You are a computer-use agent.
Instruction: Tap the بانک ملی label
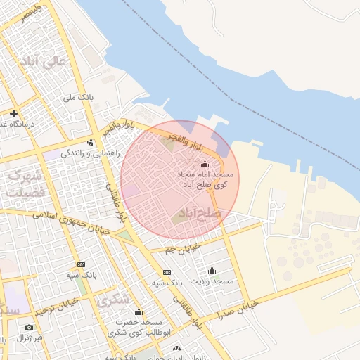79,97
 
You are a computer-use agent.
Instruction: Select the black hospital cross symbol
13,113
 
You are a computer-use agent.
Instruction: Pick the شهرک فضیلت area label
25,183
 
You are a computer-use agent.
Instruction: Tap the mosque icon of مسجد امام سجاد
205,165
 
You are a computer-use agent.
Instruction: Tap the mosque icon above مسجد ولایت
212,270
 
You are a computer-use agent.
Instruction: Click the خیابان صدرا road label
239,306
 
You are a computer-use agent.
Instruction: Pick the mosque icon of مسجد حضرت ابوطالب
139,312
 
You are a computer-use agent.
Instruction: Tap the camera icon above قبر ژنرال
29,327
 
